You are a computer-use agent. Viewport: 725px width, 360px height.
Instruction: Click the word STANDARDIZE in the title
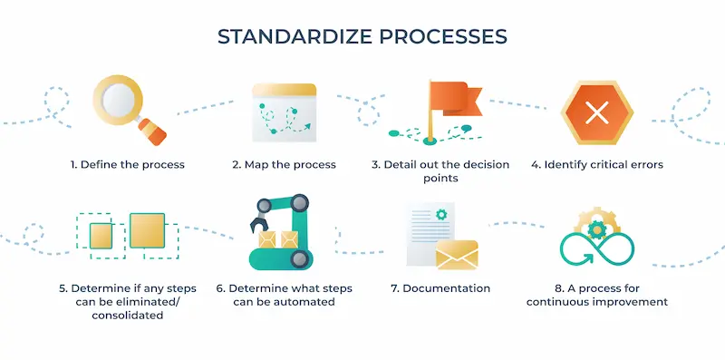[x=286, y=37]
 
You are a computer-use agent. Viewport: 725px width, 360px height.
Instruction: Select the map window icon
[x=284, y=112]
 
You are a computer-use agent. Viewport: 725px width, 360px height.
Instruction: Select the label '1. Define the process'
[x=128, y=165]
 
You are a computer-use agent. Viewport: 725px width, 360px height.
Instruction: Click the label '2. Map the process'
[x=284, y=165]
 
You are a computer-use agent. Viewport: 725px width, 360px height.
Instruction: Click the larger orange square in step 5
[x=147, y=230]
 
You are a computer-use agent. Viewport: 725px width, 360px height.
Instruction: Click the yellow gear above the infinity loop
[x=595, y=224]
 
